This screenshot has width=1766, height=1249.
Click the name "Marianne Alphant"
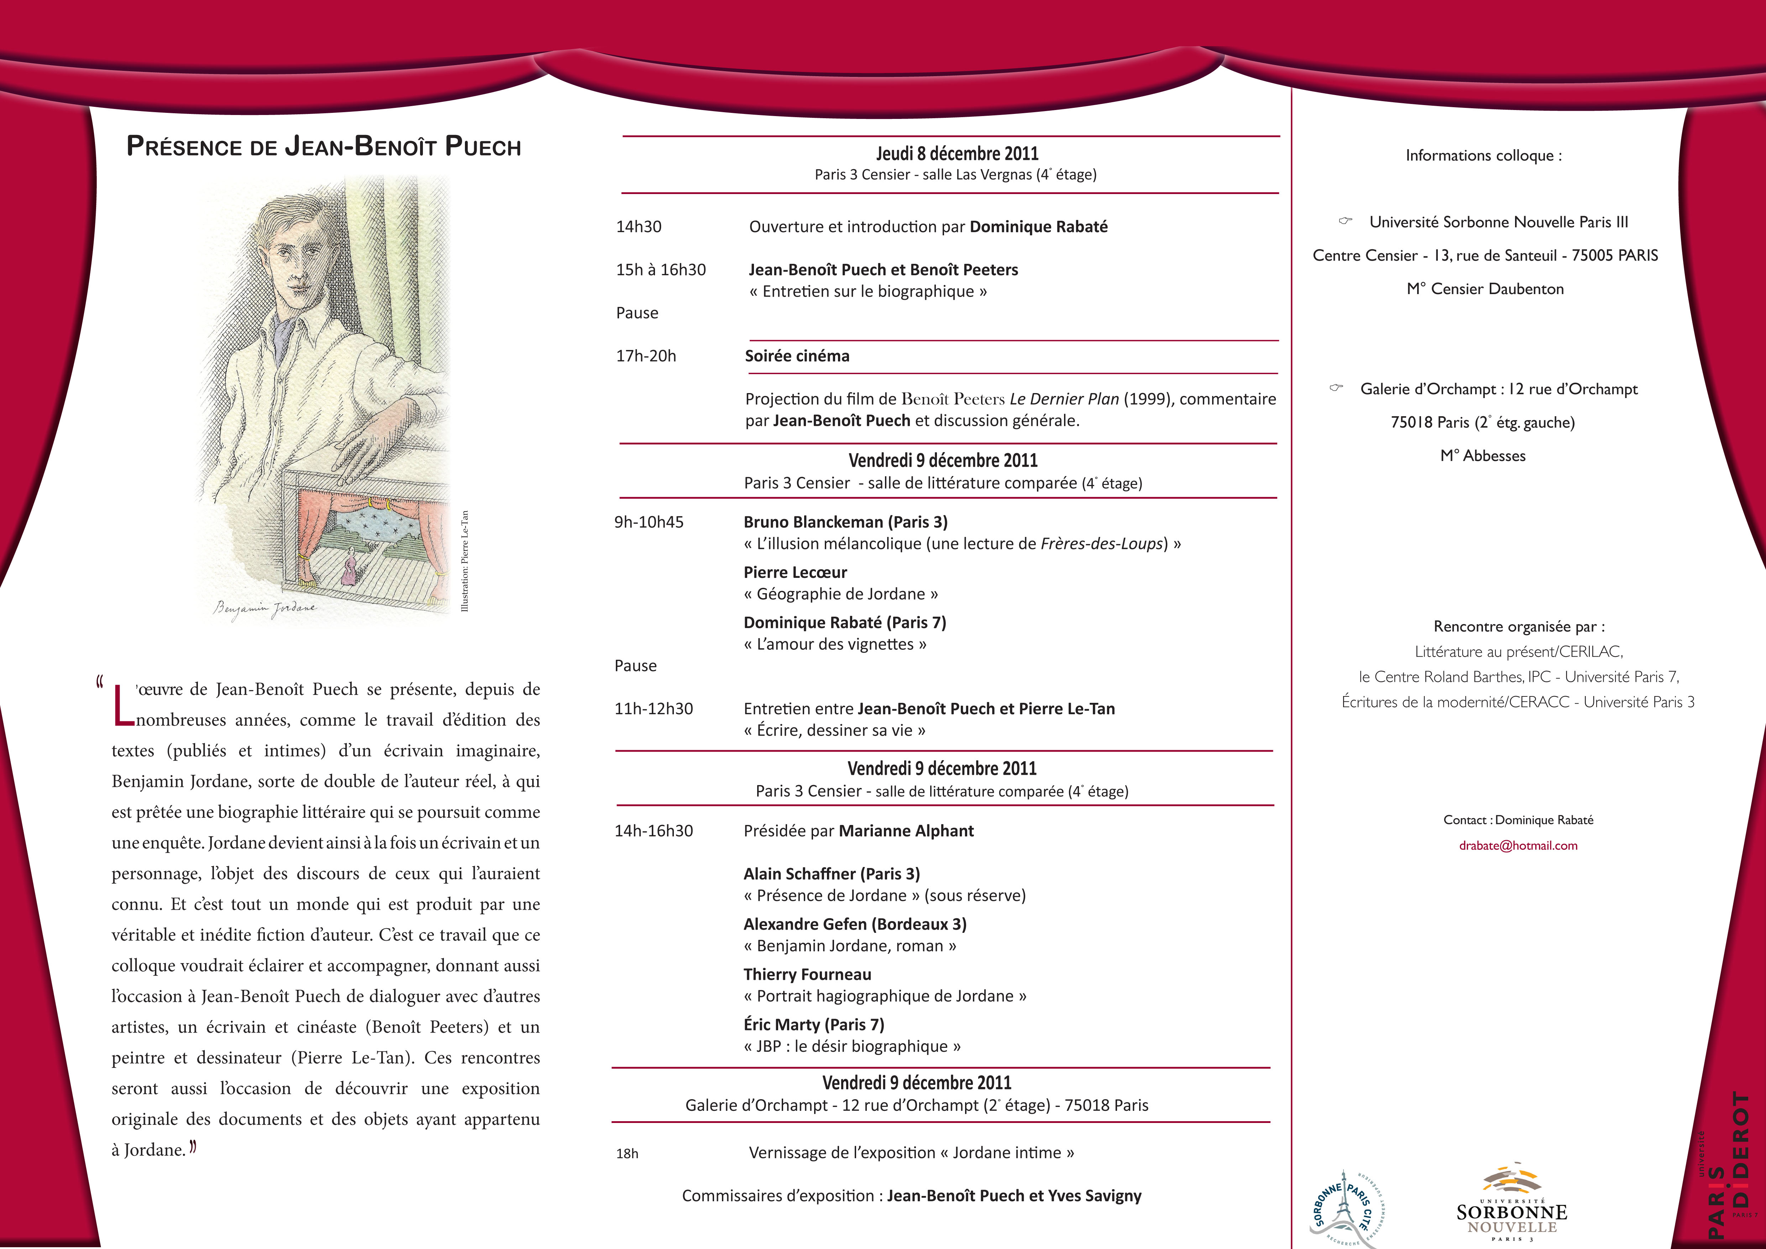point(906,831)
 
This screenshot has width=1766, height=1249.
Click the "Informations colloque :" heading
point(1483,155)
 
